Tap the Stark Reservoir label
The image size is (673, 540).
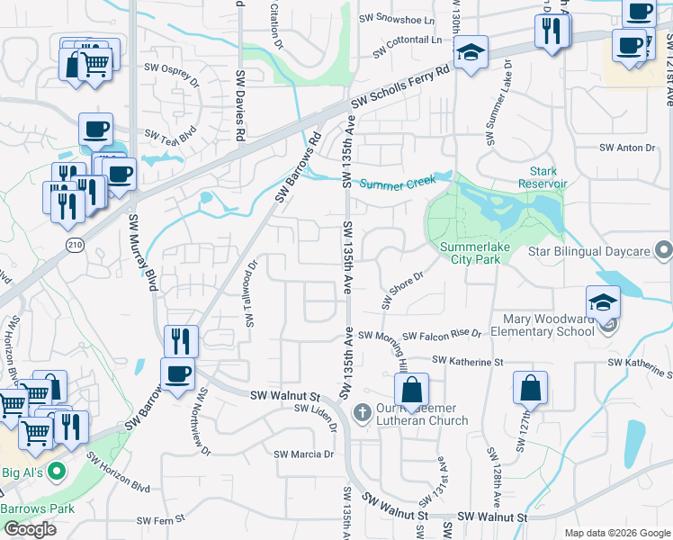tap(543, 177)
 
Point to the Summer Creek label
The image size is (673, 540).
tap(398, 183)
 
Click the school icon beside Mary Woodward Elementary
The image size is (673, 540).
tap(603, 302)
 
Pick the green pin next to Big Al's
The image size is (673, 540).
tap(57, 470)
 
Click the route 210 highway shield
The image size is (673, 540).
tap(75, 244)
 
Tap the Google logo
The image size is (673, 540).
tap(30, 529)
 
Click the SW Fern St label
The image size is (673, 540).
tap(160, 519)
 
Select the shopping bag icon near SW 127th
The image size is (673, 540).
tap(530, 388)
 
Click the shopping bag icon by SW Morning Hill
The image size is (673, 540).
tap(411, 390)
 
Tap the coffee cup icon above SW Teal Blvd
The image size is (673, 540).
tap(95, 128)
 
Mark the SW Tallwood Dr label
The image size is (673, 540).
tap(251, 293)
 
